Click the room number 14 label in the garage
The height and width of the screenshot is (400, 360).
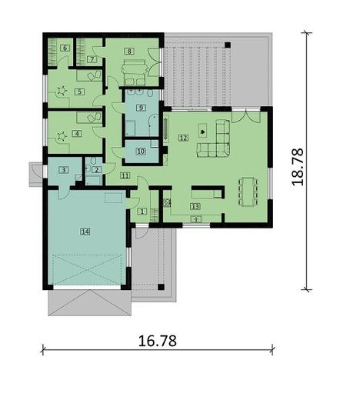(x=85, y=230)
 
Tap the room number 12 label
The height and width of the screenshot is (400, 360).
(x=182, y=138)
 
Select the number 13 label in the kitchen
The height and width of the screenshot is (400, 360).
(x=195, y=206)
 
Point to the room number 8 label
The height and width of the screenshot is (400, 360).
(x=129, y=51)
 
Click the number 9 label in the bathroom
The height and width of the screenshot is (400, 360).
(x=141, y=108)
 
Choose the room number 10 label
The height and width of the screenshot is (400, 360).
(x=140, y=152)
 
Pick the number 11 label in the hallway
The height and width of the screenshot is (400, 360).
(x=125, y=175)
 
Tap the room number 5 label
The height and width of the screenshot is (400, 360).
(x=78, y=92)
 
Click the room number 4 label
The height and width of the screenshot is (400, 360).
(x=76, y=133)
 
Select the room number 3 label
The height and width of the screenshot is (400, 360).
(x=65, y=170)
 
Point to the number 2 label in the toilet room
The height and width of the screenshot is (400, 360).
(x=96, y=169)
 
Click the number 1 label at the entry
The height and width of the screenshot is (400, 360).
(x=142, y=212)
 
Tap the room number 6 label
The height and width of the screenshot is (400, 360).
(x=65, y=48)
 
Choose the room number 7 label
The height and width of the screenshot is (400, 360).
(x=92, y=58)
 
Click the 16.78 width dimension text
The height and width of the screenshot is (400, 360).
(x=156, y=338)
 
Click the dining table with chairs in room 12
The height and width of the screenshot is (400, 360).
(x=248, y=192)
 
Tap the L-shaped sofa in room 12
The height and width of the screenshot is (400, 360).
(x=218, y=141)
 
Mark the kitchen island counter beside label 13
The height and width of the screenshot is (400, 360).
(x=206, y=192)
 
